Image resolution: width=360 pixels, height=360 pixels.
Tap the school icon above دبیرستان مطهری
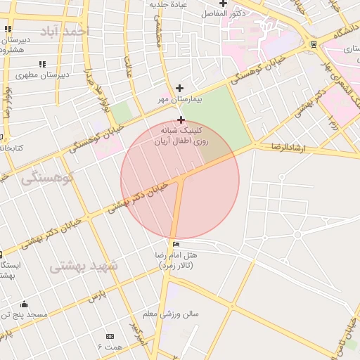pyautogui.click(x=42, y=64)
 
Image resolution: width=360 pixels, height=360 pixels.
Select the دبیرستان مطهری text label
pyautogui.click(x=43, y=75)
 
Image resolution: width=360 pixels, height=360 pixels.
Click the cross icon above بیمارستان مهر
pyautogui.click(x=180, y=89)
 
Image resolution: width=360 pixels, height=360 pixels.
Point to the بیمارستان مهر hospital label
pyautogui.click(x=179, y=101)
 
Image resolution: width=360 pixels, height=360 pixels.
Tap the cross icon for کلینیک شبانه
pyautogui.click(x=181, y=120)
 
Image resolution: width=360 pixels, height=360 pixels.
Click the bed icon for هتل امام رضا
pyautogui.click(x=175, y=243)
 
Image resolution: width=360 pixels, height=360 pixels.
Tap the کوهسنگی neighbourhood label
pyautogui.click(x=47, y=178)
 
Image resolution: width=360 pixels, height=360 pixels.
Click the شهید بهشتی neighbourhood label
pyautogui.click(x=86, y=266)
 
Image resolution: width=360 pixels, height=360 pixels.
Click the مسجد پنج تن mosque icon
pyautogui.click(x=25, y=304)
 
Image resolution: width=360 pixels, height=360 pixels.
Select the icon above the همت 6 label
pyautogui.click(x=110, y=336)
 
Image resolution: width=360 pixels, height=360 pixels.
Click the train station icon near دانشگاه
pyautogui.click(x=313, y=44)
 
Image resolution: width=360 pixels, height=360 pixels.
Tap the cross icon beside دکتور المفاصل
pyautogui.click(x=223, y=4)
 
